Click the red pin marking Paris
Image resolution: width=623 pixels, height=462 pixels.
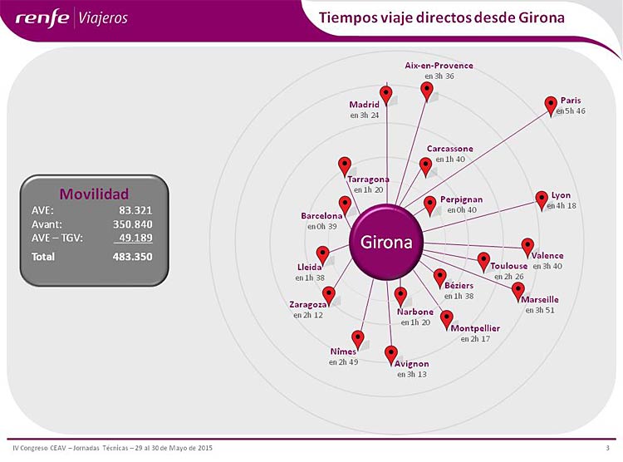pos(550,106)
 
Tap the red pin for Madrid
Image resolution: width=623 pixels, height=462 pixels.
pos(385,96)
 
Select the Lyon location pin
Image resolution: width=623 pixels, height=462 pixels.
pos(542,200)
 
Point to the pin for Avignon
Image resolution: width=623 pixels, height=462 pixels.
pos(391,355)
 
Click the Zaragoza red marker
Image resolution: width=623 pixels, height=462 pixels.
pos(329,296)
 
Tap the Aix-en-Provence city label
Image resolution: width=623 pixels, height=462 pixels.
pos(439,66)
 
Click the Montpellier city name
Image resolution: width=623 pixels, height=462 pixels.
pos(475,328)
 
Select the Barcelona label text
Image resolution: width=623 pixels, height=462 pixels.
pos(321,216)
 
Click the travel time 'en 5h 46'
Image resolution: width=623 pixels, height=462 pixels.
pos(571,111)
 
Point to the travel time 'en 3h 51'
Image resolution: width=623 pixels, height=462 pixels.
pos(540,310)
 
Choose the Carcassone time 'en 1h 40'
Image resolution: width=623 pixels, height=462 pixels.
pos(450,159)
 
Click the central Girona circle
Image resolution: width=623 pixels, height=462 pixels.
pos(385,242)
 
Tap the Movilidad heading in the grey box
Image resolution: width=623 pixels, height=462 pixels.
pos(94,194)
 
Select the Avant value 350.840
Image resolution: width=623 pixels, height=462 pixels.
pos(132,224)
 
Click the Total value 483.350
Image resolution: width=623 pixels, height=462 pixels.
pos(132,257)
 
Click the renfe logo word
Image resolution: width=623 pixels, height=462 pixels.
pos(42,18)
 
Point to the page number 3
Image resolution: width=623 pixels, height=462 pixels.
pos(607,448)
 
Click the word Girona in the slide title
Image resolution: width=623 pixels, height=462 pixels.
pos(541,18)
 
